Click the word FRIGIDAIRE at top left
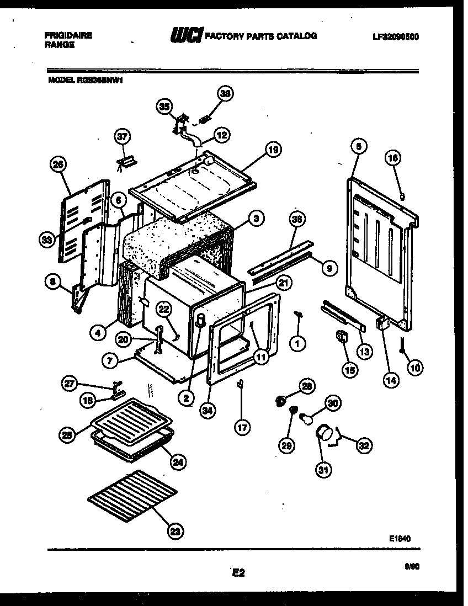[x=68, y=35]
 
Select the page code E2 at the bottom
[x=238, y=573]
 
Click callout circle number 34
[x=208, y=410]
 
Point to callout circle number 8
[x=53, y=283]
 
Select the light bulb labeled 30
[x=305, y=420]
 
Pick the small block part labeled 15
[x=342, y=336]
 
